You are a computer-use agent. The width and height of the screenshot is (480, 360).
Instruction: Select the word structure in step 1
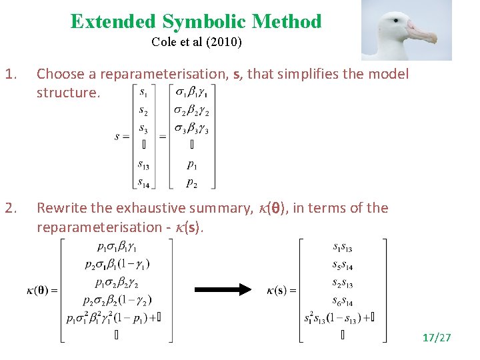point(67,92)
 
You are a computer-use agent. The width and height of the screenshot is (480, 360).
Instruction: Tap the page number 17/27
point(436,338)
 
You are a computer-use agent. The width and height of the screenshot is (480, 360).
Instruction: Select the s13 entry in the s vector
point(143,164)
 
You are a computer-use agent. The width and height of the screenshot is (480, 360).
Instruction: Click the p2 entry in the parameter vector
point(192,181)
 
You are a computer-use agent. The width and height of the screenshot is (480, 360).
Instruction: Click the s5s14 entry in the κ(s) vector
point(341,266)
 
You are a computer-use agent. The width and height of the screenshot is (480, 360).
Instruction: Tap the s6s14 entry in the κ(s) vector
point(341,301)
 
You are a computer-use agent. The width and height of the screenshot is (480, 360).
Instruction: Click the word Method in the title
point(291,22)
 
